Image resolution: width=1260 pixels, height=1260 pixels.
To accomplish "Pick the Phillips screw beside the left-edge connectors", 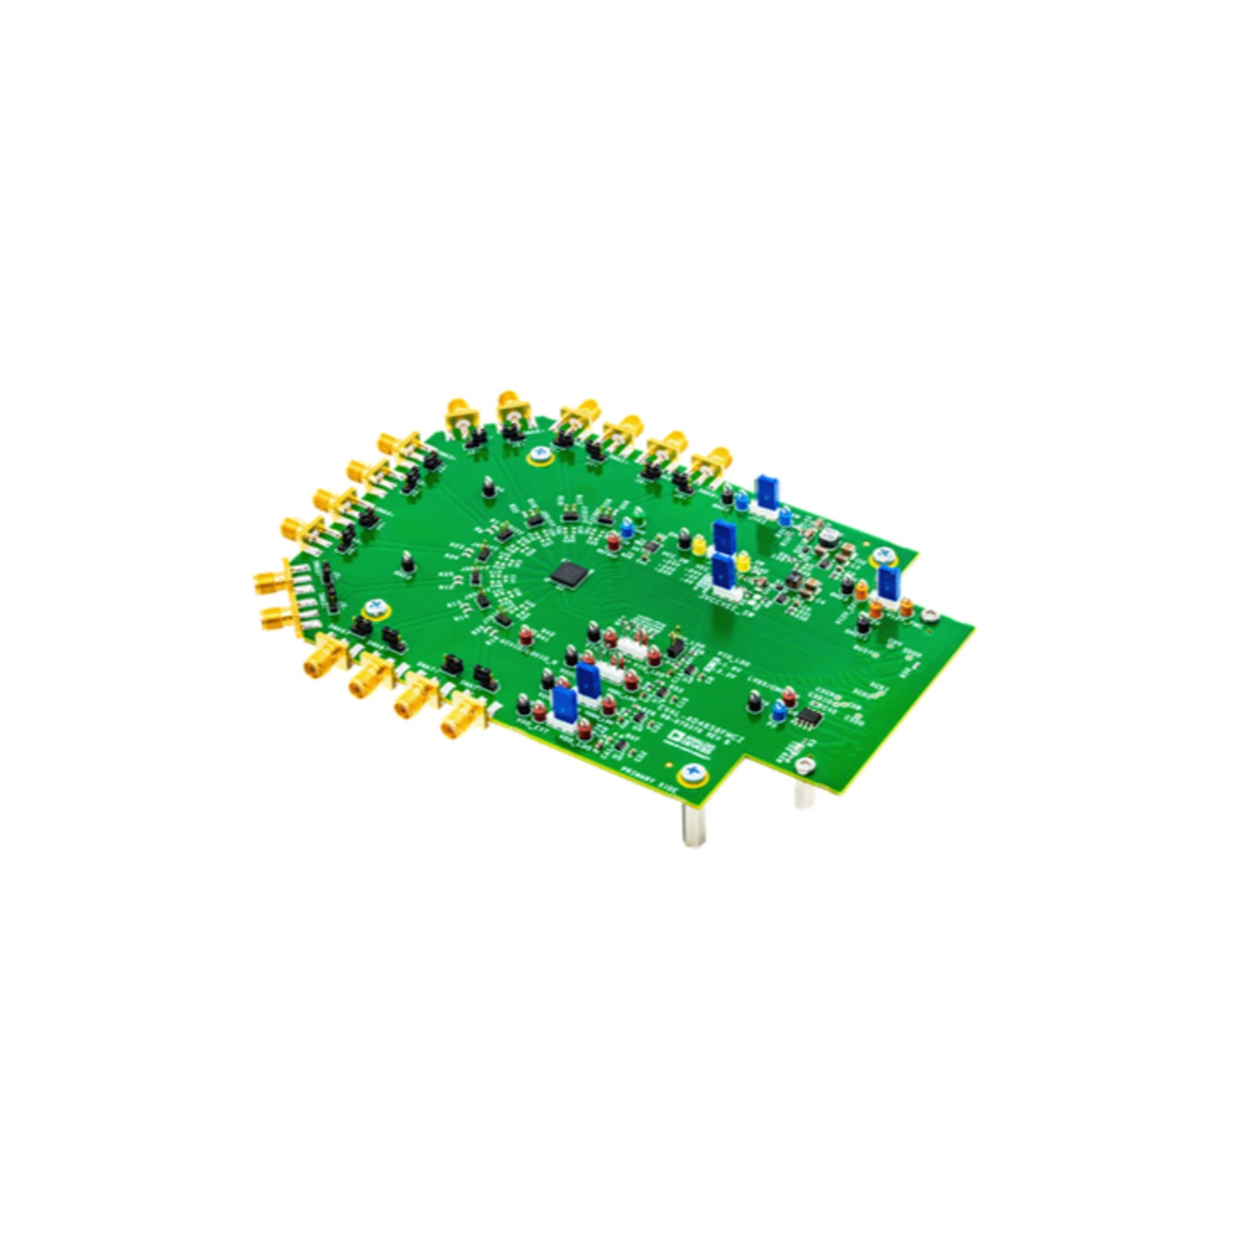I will pyautogui.click(x=378, y=608).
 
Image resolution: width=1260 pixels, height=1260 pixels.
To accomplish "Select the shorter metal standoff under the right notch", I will pyautogui.click(x=801, y=793).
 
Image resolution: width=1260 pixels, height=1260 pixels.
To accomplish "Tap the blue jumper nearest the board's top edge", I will pyautogui.click(x=767, y=492).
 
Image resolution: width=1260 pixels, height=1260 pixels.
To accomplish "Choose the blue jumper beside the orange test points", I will pyautogui.click(x=888, y=585).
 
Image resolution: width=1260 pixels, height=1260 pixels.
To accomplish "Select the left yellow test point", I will pyautogui.click(x=698, y=545).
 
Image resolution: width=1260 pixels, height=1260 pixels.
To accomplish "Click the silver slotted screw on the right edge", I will pyautogui.click(x=931, y=616).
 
